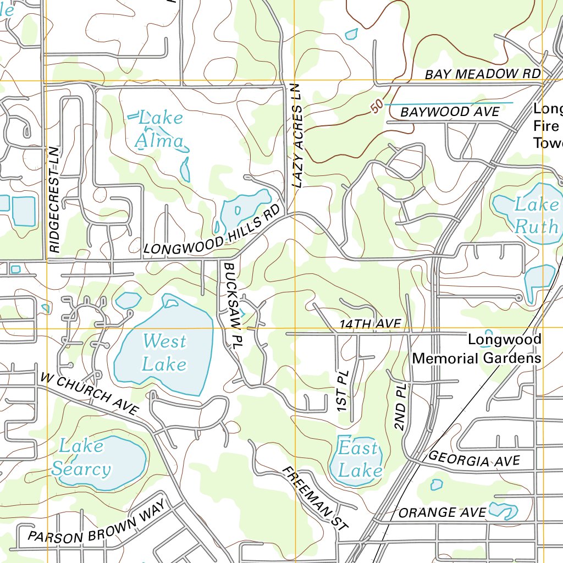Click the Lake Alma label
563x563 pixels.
tap(161, 130)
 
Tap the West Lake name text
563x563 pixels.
tap(164, 352)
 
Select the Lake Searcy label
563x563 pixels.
tap(81, 457)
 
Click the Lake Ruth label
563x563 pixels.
tap(536, 215)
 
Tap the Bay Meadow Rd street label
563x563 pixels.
tap(482, 74)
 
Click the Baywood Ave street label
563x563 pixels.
tap(450, 112)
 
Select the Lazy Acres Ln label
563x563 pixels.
tap(297, 136)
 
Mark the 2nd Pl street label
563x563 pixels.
tap(400, 407)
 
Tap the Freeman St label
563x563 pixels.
tap(315, 498)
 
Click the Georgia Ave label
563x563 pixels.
tap(473, 459)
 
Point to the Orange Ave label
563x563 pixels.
tap(442, 512)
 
